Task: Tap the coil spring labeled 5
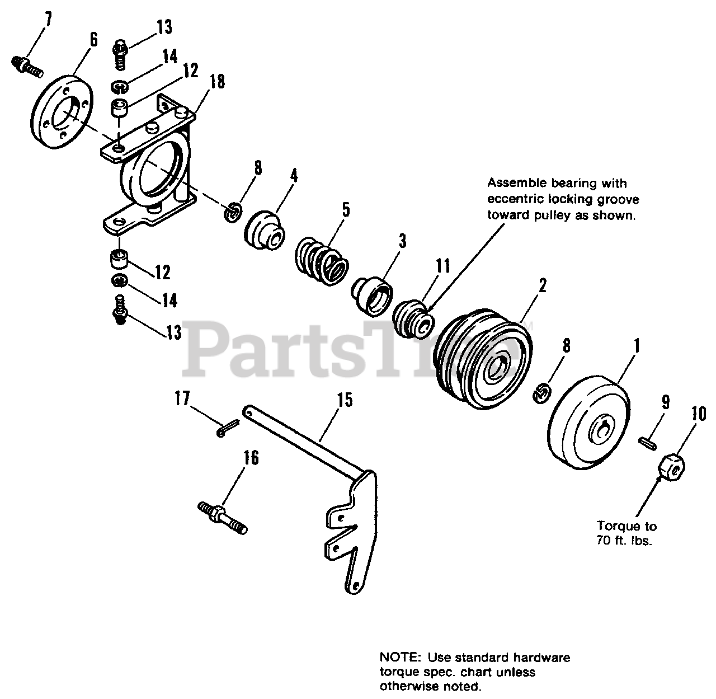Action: tap(321, 260)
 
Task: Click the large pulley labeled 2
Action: tap(484, 360)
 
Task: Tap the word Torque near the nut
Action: tap(618, 526)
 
